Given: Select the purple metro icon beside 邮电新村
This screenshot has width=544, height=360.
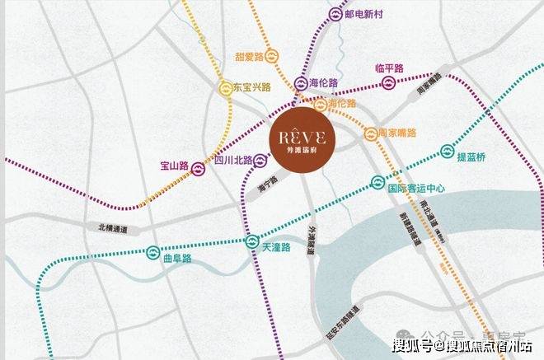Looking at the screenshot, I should click(335, 14).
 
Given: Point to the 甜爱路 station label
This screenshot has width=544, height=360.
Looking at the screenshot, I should click(248, 56).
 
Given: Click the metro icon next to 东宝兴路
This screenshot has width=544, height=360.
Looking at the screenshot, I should click(224, 86).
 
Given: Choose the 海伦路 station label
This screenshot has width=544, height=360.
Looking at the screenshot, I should click(324, 82).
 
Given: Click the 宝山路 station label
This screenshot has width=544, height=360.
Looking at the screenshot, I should click(175, 167).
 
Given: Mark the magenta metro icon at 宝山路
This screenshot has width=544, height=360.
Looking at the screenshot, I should click(199, 168).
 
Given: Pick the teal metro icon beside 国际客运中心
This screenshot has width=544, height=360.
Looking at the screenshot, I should click(377, 183).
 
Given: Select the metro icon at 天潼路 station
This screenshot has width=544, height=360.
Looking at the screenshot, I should click(252, 241).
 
